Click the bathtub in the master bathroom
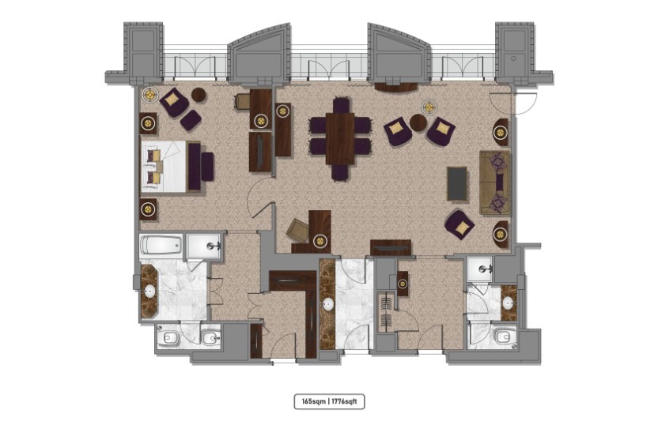(x=161, y=245)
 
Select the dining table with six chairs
(x=340, y=139)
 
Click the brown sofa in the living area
(x=495, y=183)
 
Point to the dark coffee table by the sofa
(x=457, y=183)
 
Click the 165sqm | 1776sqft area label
(x=329, y=401)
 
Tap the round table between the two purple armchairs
(x=418, y=122)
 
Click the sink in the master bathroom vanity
(x=149, y=291)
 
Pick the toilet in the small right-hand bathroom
(x=502, y=337)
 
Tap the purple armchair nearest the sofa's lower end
(x=459, y=226)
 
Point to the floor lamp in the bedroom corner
(x=149, y=96)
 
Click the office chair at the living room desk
(x=297, y=230)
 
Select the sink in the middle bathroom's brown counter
(x=328, y=305)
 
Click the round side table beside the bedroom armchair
(x=199, y=95)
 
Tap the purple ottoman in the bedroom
(x=191, y=120)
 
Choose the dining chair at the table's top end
(x=341, y=105)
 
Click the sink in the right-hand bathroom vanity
(x=509, y=303)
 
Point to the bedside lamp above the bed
(x=147, y=123)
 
